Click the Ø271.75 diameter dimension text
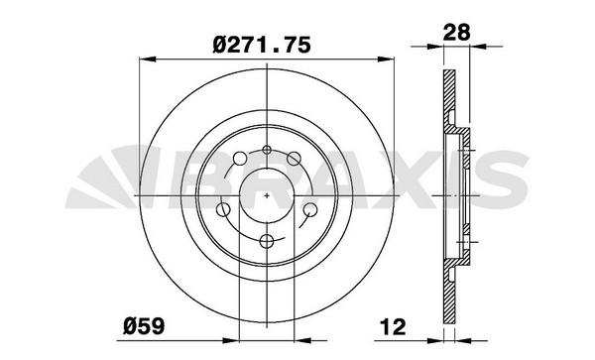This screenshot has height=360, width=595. pyautogui.click(x=262, y=45)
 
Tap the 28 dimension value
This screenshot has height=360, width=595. pyautogui.click(x=457, y=33)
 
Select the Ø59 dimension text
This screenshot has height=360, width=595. pyautogui.click(x=144, y=326)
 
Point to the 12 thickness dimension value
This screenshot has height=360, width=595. pyautogui.click(x=393, y=326)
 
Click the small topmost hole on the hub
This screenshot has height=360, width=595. pyautogui.click(x=267, y=150)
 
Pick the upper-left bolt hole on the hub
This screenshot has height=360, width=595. pyautogui.click(x=240, y=159)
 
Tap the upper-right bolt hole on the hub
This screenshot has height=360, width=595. pyautogui.click(x=294, y=159)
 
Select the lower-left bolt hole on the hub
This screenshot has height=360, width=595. pyautogui.click(x=223, y=209)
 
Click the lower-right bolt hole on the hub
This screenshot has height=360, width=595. pyautogui.click(x=310, y=209)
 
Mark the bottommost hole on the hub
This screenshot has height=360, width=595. pyautogui.click(x=267, y=241)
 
